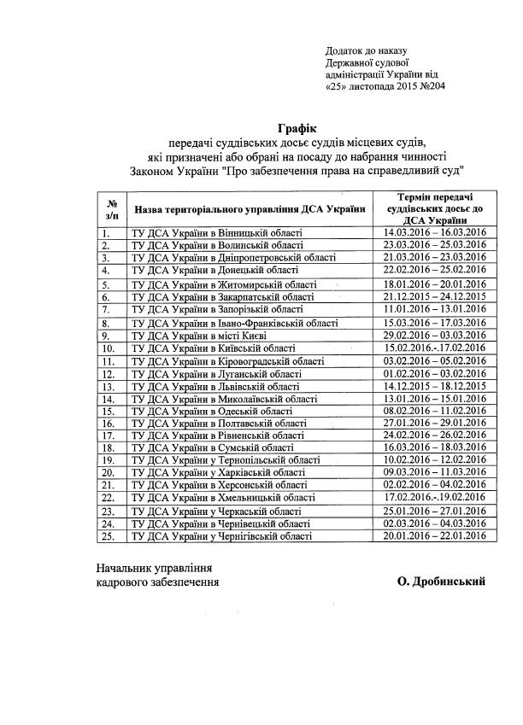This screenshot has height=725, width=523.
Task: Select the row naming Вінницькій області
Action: click(x=214, y=232)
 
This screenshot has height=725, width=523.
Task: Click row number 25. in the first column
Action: click(x=109, y=535)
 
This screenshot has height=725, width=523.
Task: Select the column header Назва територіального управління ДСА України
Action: click(x=249, y=209)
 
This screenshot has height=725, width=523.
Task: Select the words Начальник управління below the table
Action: click(x=153, y=566)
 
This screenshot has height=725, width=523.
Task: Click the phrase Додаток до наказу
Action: click(x=368, y=50)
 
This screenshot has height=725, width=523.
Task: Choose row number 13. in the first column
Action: click(x=109, y=386)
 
